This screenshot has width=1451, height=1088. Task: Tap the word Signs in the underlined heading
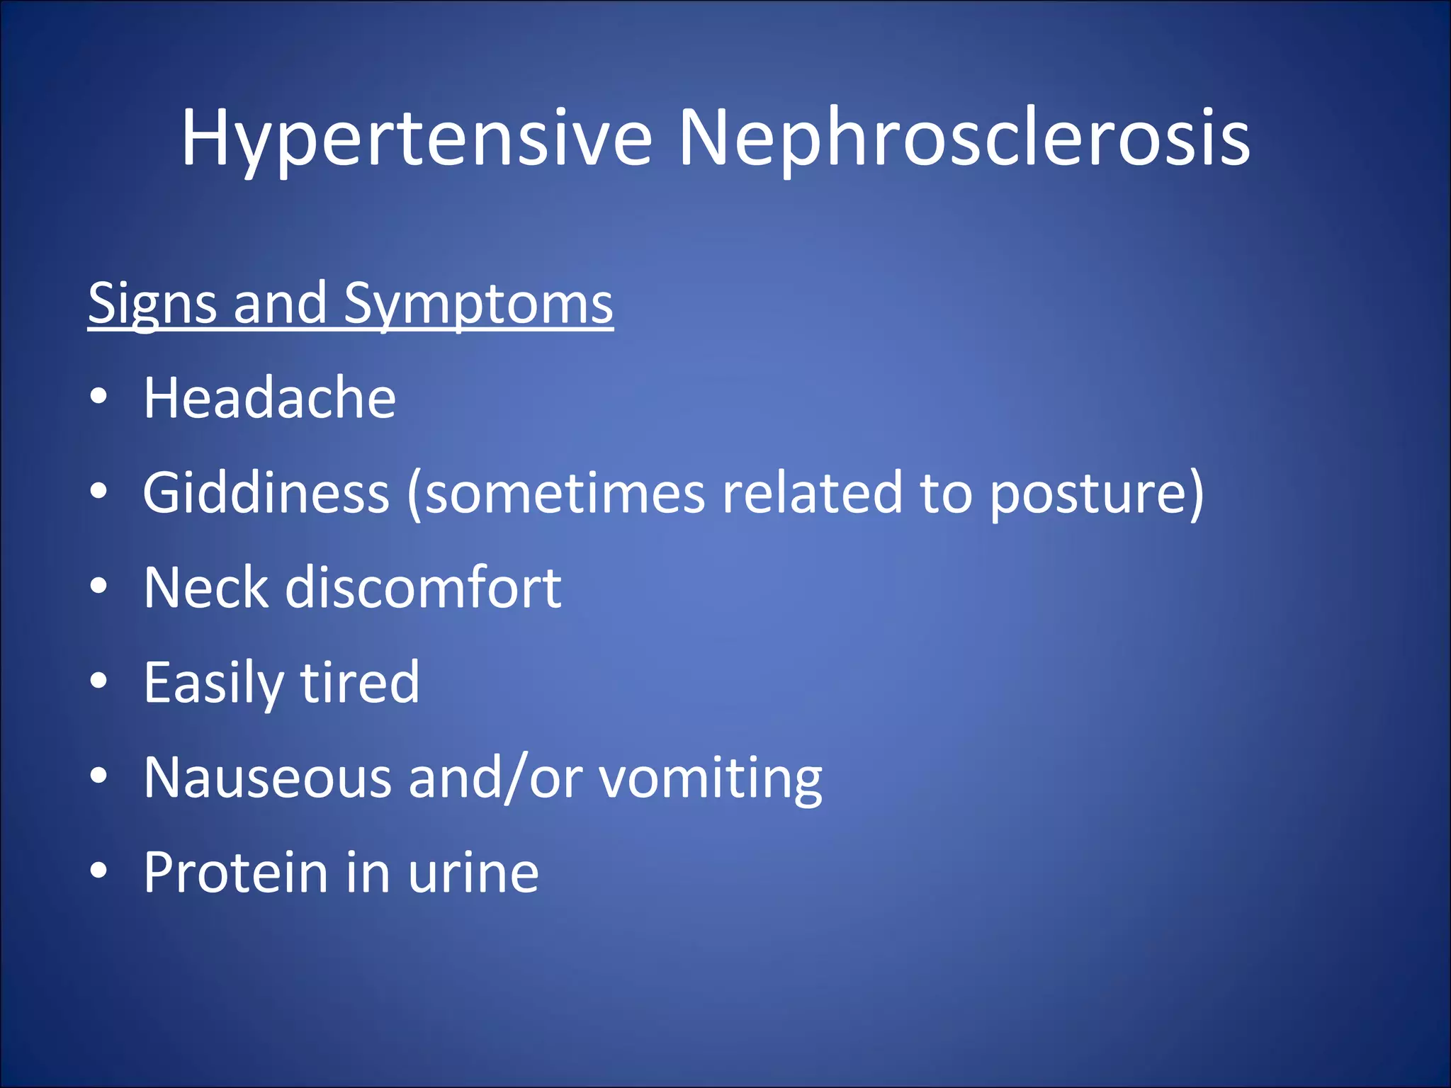[152, 303]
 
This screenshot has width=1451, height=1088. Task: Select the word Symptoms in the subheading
[478, 303]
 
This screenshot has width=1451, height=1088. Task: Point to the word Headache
[269, 398]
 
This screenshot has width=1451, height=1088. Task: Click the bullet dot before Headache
[99, 397]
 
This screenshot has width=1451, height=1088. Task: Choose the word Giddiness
[266, 493]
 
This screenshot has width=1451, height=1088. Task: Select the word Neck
[206, 587]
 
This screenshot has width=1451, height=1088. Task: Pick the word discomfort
[423, 587]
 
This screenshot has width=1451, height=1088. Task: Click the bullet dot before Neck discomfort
[99, 586]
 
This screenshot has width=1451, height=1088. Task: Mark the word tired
[360, 682]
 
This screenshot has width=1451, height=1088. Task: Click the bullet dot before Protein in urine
[99, 871]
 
